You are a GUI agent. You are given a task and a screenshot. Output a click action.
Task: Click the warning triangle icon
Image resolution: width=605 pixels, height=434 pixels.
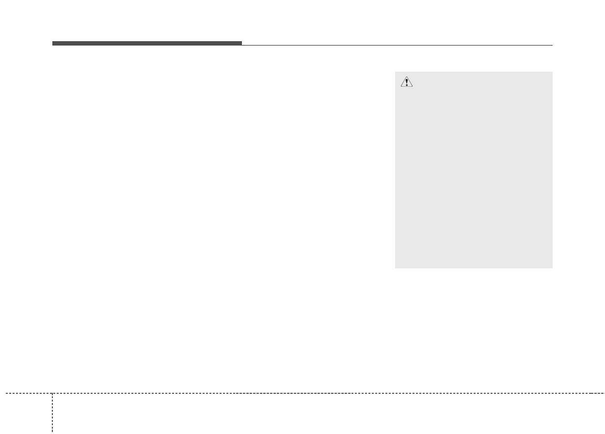[x=406, y=82]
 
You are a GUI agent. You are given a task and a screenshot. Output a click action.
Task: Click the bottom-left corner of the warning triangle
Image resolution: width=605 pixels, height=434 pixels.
[x=400, y=87]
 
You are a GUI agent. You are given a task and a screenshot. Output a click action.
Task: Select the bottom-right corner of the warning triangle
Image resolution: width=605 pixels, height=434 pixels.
[x=413, y=87]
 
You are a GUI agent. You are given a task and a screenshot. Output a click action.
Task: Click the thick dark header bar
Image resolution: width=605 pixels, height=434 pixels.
[x=147, y=44]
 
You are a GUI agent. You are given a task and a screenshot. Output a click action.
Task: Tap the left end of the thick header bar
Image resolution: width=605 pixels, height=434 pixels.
[x=53, y=44]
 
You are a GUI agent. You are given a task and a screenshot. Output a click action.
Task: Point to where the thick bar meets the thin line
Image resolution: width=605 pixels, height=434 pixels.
[x=241, y=45]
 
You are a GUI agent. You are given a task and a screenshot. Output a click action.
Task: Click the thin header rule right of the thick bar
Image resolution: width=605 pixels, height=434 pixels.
[x=397, y=45]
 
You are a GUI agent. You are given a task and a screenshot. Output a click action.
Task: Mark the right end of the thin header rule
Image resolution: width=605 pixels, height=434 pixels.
[x=552, y=45]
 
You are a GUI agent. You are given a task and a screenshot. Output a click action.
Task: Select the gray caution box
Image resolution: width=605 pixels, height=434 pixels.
[x=474, y=170]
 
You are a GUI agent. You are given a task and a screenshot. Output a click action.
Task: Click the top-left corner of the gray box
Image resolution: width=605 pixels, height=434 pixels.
[x=395, y=72]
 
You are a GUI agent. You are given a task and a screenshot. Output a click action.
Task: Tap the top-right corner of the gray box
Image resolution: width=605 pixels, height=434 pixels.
[x=552, y=72]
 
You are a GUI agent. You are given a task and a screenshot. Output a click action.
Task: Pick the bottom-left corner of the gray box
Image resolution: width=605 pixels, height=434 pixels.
[x=395, y=268]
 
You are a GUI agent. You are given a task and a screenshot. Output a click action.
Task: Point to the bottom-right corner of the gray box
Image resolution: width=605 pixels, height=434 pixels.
[x=552, y=268]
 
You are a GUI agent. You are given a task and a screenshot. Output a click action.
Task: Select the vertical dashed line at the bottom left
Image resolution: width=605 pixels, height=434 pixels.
[x=52, y=412]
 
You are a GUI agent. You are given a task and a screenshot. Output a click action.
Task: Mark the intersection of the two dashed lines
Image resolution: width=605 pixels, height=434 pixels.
[x=52, y=393]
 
